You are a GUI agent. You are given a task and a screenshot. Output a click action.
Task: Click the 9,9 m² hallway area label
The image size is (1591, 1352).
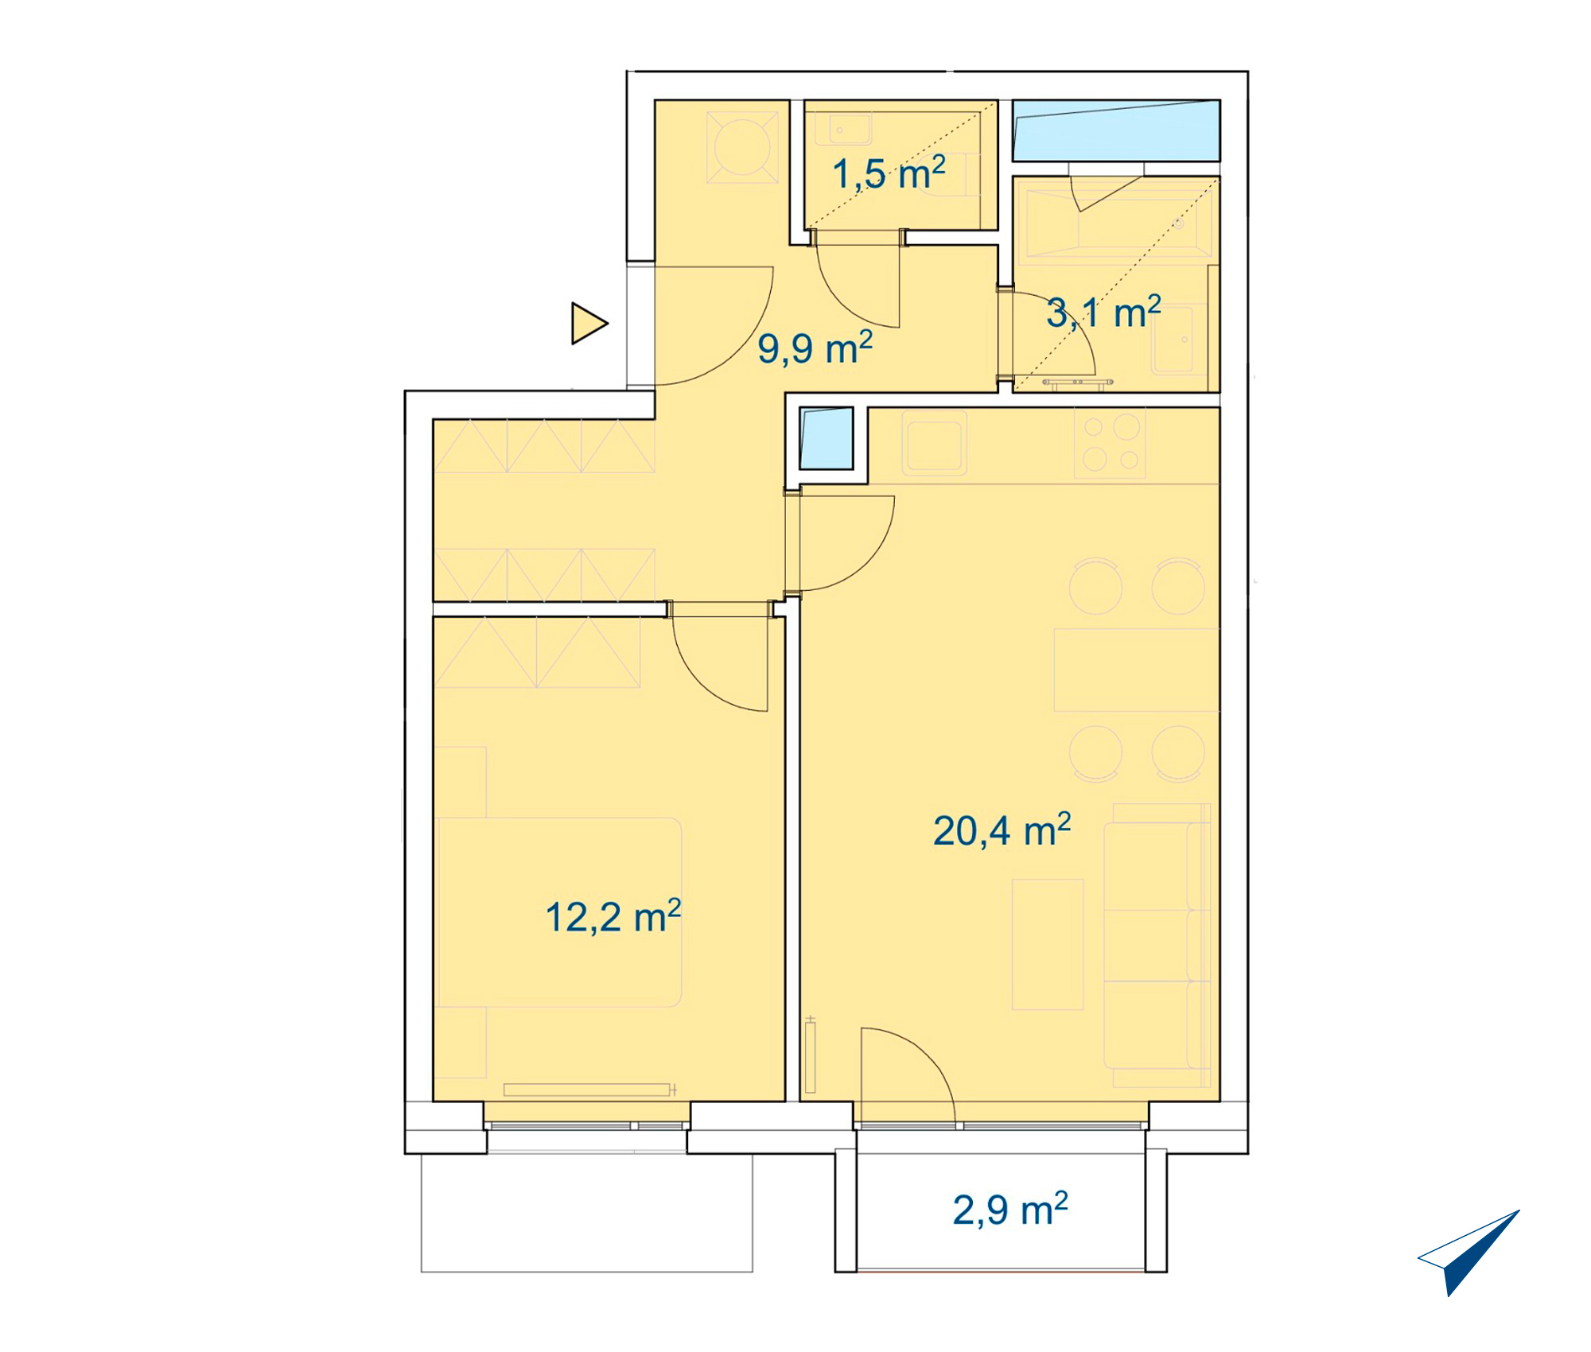815,348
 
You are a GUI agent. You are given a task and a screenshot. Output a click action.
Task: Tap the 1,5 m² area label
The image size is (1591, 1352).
889,173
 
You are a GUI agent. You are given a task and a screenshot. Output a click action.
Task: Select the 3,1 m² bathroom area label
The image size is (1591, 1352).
1103,312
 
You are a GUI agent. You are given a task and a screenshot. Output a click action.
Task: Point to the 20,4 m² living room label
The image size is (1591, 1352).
1002,830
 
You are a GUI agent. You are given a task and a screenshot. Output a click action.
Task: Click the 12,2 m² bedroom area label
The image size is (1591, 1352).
613,916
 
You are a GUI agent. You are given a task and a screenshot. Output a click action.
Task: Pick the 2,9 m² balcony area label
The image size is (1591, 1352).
1010,1210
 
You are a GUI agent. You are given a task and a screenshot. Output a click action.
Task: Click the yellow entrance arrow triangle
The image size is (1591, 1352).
589,324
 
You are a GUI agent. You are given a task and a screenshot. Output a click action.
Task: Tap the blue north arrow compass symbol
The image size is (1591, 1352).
1468,1252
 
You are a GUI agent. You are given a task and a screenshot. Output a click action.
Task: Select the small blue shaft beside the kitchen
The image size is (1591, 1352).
826,438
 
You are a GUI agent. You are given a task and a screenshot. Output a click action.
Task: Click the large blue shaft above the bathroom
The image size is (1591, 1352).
1116,130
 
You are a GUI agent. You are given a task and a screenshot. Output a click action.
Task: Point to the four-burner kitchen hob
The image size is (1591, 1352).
1111,444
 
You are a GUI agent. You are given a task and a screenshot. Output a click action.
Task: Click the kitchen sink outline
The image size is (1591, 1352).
934,443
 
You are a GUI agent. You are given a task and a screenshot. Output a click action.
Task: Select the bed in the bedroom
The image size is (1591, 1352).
558,912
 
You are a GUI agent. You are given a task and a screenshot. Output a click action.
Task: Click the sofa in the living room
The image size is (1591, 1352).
1157,945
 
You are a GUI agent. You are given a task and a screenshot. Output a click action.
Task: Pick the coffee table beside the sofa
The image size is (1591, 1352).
1048,944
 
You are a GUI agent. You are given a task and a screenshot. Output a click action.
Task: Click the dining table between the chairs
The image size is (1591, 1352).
1136,670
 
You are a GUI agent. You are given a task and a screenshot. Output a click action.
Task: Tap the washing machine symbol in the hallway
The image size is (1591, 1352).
742,147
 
